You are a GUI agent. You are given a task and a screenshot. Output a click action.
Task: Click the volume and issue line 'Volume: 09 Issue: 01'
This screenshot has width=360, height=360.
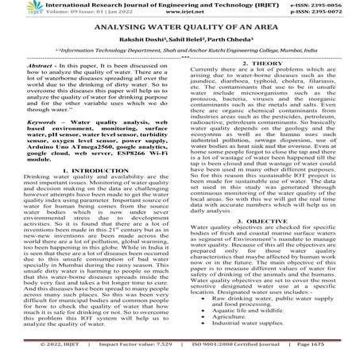pyautogui.click(x=85, y=14)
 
